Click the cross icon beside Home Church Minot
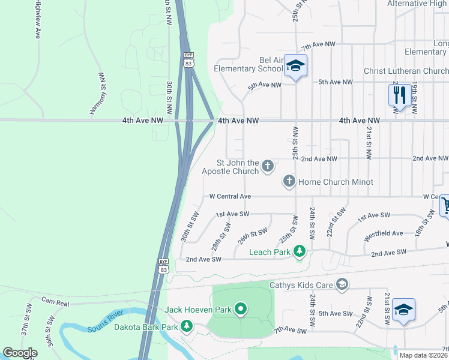[289, 181]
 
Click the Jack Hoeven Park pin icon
[241, 309]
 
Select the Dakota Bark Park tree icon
[187, 326]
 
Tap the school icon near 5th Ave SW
[404, 310]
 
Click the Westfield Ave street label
[384, 233]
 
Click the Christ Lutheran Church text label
[406, 71]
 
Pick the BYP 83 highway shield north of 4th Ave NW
[188, 58]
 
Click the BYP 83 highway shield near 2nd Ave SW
[163, 265]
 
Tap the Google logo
[20, 353]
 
